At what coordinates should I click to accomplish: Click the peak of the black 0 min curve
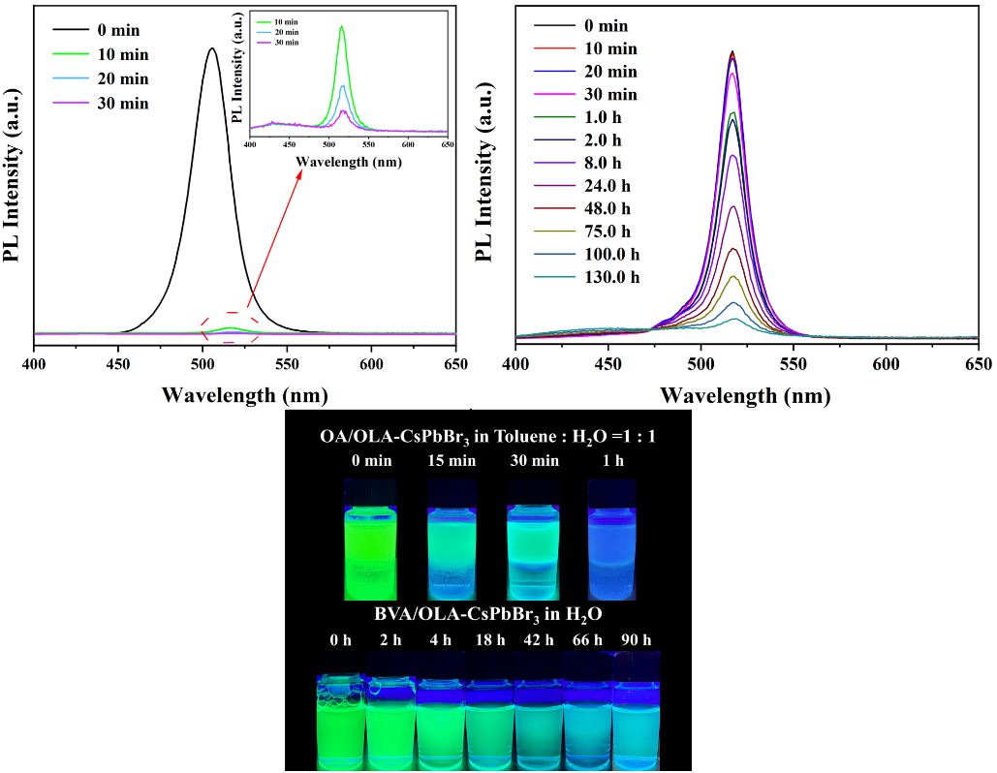211,48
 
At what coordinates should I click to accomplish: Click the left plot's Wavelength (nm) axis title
245,394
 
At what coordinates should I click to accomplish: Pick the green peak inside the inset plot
342,27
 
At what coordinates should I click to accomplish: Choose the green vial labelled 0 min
370,541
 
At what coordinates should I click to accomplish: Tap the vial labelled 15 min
452,541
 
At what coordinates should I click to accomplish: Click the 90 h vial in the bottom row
636,712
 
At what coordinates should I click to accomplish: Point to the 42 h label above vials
538,640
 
